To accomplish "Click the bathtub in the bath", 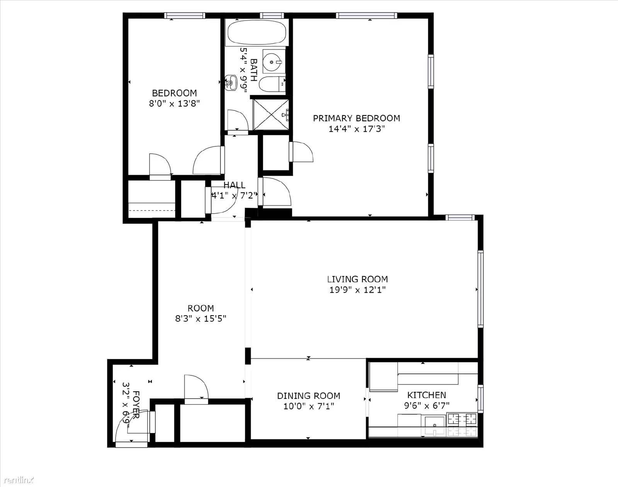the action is click(256, 32).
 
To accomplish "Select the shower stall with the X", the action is click(271, 114).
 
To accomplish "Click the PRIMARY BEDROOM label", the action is click(357, 118).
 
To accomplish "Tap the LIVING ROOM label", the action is click(358, 279).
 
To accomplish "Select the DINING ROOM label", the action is click(309, 396).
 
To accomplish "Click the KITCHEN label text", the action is click(427, 395).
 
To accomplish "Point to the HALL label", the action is click(234, 185).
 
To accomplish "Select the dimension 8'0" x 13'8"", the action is click(174, 104).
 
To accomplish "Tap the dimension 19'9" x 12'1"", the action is click(357, 290).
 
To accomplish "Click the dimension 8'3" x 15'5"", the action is click(201, 319).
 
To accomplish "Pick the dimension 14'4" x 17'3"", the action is click(357, 129).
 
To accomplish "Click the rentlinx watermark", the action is click(19, 480).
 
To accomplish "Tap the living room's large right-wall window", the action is click(480, 289).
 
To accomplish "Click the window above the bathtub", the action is click(272, 15).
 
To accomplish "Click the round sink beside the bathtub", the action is click(272, 62).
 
